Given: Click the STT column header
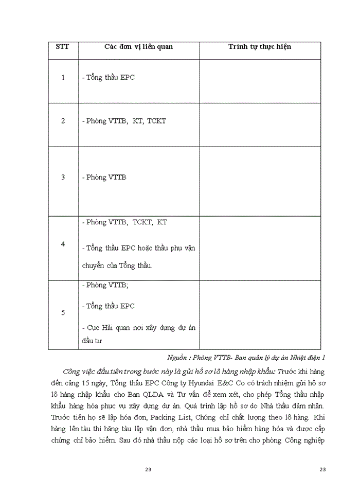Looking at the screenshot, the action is point(63,47).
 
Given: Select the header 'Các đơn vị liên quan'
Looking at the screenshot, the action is point(138,47).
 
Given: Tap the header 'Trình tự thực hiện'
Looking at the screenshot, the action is point(260,47).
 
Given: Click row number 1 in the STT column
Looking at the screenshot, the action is point(63,78).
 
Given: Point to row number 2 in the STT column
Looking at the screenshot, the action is point(63,121).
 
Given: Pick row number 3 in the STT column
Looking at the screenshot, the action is point(63,177).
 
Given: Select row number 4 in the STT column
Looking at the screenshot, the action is point(63,244).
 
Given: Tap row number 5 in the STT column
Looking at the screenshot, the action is point(63,312).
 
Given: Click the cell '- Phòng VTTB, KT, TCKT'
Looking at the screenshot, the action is point(124,121).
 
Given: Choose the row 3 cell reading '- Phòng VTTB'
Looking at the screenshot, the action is point(104,177).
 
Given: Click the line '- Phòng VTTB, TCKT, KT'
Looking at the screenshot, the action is point(124,222).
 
